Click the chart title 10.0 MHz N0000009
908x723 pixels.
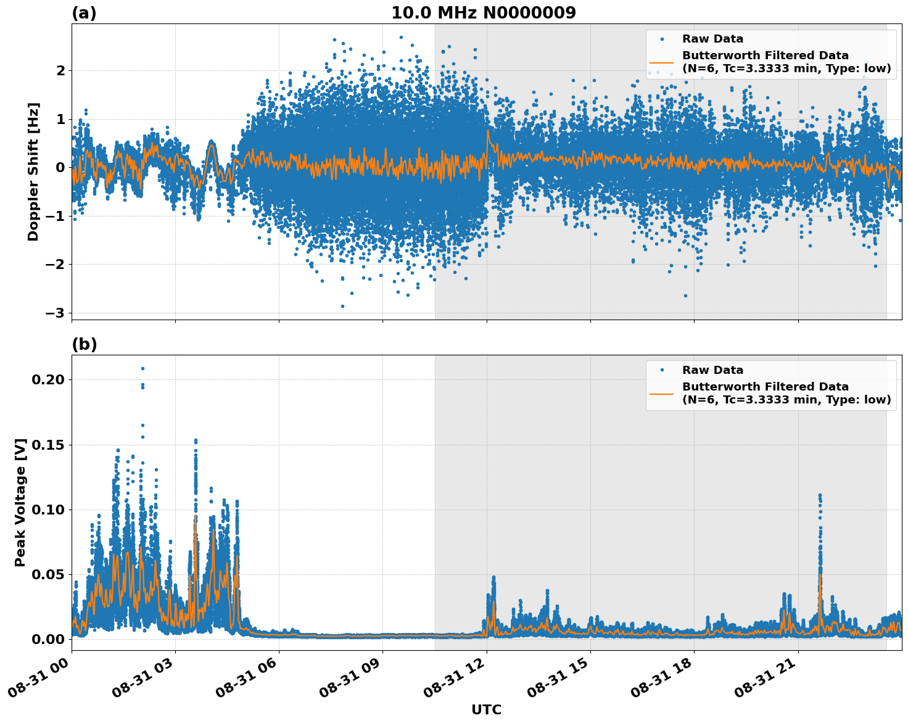click(484, 13)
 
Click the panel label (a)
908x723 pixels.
click(84, 13)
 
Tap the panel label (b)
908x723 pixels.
click(84, 344)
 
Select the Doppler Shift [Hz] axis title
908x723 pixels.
click(33, 171)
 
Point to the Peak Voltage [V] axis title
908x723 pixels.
click(20, 503)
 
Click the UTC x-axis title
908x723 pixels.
click(486, 709)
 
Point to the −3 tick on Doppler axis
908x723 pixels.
click(56, 313)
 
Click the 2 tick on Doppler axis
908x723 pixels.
click(60, 70)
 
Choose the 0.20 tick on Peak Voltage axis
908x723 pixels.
click(47, 379)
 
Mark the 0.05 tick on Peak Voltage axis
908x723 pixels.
click(47, 574)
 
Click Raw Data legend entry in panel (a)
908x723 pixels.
click(712, 39)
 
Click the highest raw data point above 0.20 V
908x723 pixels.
click(142, 368)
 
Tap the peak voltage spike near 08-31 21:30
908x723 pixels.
click(820, 495)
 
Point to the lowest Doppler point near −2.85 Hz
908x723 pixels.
click(343, 306)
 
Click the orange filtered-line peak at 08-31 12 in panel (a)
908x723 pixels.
click(487, 130)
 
